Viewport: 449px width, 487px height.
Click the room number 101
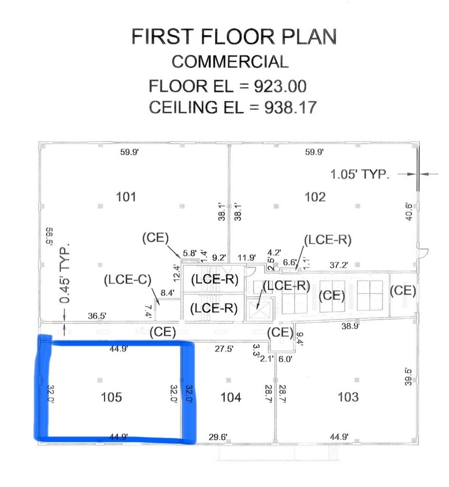click(x=126, y=196)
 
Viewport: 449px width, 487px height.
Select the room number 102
click(x=315, y=196)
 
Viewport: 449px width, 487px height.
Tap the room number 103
click(x=348, y=397)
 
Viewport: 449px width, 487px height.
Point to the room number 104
click(x=231, y=397)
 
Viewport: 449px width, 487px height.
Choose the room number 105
click(x=111, y=397)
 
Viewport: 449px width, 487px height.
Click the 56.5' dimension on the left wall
click(x=49, y=241)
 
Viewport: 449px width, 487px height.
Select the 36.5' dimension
click(x=97, y=315)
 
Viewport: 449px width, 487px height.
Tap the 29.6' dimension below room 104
click(x=218, y=437)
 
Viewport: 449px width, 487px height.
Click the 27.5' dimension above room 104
click(x=224, y=349)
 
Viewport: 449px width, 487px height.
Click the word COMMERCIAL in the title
click(x=230, y=62)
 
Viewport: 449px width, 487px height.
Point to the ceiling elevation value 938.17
click(x=290, y=107)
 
